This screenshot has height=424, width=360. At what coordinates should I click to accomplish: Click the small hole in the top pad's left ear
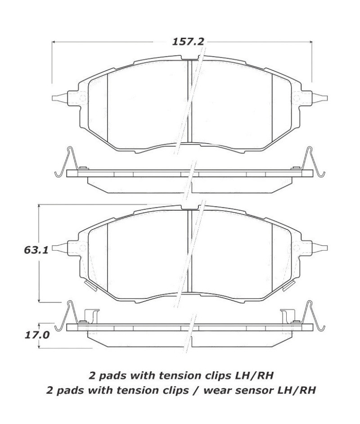(x=82, y=99)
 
